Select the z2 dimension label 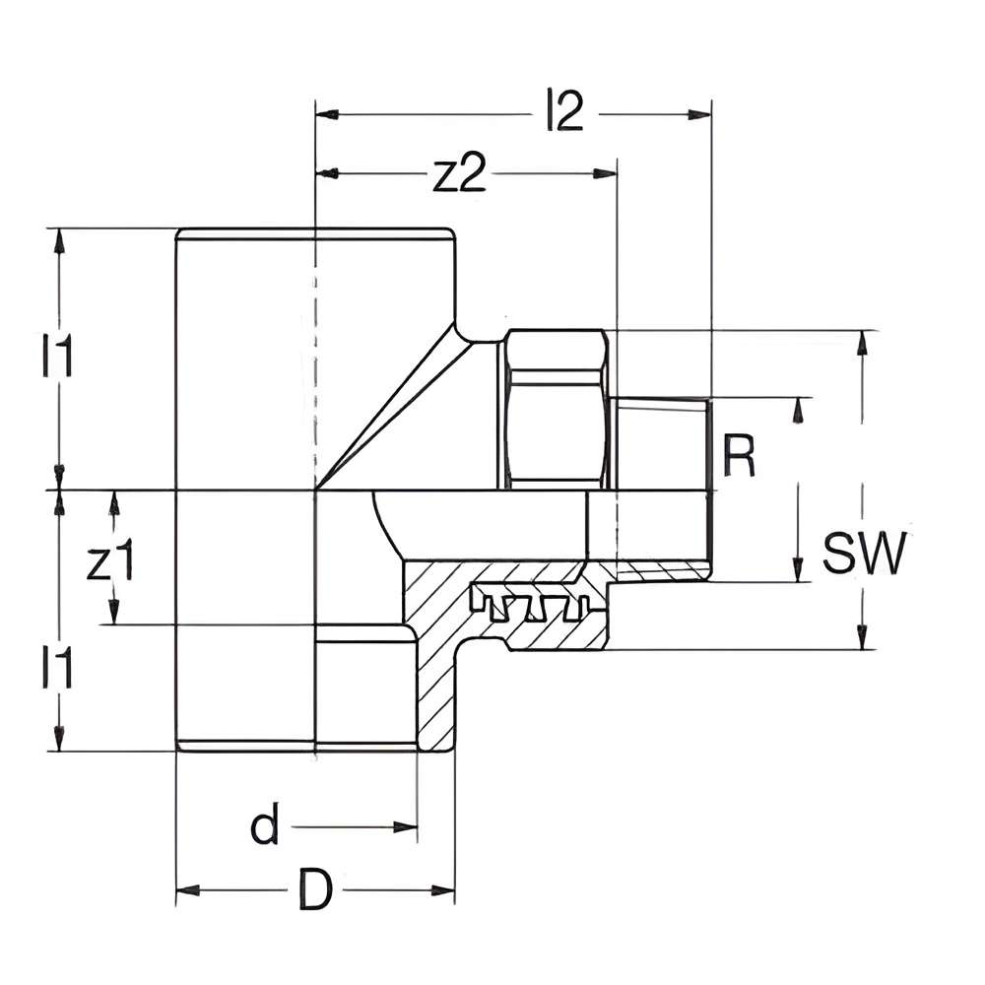[460, 174]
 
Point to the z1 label [109, 562]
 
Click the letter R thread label [739, 454]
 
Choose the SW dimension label [863, 555]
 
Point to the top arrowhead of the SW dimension [864, 341]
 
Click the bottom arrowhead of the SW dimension [864, 639]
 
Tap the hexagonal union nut [556, 409]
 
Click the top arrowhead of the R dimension [798, 408]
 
